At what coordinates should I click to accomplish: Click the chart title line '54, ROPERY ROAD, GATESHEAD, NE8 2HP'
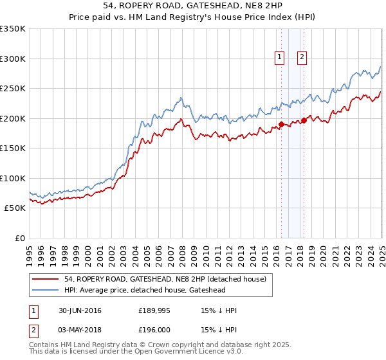click(193, 6)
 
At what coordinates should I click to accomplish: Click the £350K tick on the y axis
click(13, 29)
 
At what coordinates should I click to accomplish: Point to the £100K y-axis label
click(13, 178)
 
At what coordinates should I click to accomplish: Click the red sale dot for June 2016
click(281, 125)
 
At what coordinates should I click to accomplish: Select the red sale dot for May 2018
click(303, 121)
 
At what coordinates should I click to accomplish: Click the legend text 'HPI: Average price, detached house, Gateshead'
click(145, 290)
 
